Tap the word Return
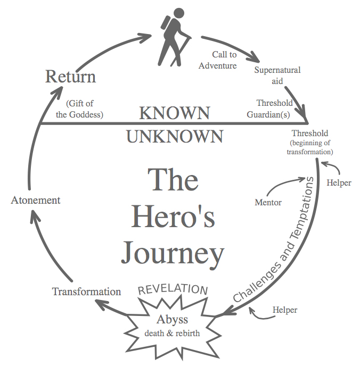(x=70, y=77)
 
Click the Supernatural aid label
(x=277, y=76)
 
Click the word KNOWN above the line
(x=174, y=113)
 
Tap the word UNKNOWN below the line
(x=174, y=137)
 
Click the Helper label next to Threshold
(x=339, y=182)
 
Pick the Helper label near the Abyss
(x=285, y=309)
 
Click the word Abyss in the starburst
(x=172, y=320)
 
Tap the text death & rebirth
(x=172, y=334)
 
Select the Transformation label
(x=86, y=291)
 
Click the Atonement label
(x=36, y=200)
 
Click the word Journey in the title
(x=172, y=254)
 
